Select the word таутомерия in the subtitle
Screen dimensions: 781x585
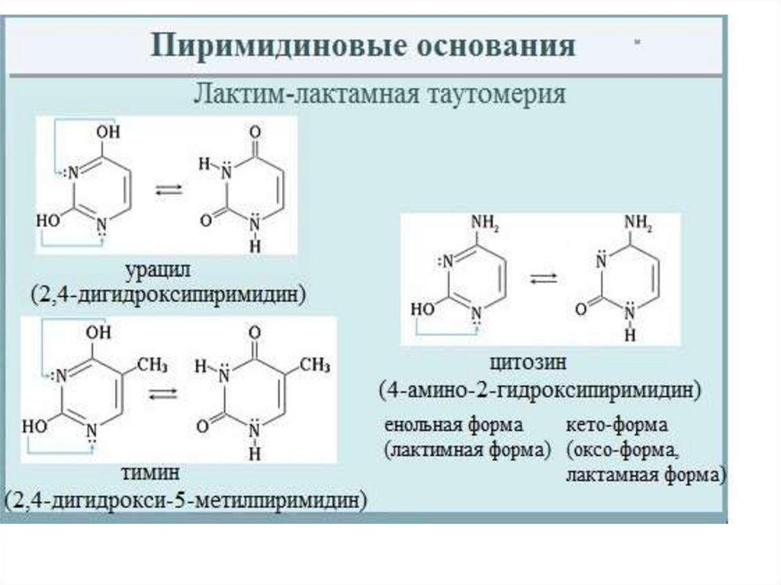[x=496, y=94]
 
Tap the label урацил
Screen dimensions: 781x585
[x=158, y=272]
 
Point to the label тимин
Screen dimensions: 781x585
[x=150, y=472]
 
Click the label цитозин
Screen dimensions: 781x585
[x=528, y=363]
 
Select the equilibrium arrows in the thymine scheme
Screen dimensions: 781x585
[x=163, y=394]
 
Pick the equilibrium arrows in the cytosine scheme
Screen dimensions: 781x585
[x=543, y=278]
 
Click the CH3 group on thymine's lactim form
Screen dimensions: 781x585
[x=153, y=365]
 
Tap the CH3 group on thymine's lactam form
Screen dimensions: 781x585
[x=315, y=365]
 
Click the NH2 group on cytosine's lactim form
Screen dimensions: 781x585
[x=485, y=223]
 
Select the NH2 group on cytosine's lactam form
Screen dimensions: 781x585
[x=638, y=223]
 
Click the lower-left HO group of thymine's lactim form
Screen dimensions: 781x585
[x=34, y=426]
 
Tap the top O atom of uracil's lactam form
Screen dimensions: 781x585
[x=255, y=132]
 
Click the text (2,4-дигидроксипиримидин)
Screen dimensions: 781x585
[x=169, y=294]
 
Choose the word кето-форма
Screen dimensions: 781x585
[x=616, y=425]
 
